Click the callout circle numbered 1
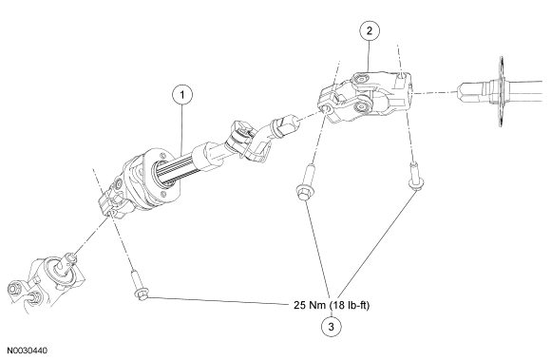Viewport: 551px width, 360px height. (182, 95)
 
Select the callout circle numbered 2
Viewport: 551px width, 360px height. (370, 31)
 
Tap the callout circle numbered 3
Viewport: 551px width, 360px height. (331, 327)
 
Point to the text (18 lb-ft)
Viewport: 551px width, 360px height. (350, 305)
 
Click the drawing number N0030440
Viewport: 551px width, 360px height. (28, 351)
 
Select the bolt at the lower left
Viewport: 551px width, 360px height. (139, 285)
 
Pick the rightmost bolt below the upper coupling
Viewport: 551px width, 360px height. (415, 177)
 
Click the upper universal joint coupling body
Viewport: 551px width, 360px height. (366, 96)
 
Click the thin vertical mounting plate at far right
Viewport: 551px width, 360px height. (502, 91)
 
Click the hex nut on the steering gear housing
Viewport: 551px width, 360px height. (14, 289)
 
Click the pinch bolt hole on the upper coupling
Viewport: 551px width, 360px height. (326, 109)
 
